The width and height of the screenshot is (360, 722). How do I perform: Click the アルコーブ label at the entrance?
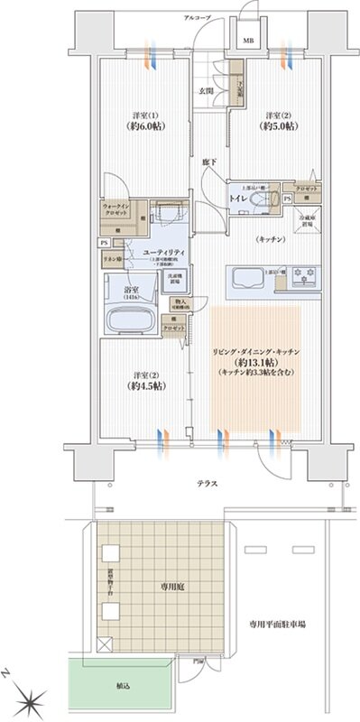(197, 18)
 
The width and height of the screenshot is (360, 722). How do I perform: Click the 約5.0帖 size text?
(275, 126)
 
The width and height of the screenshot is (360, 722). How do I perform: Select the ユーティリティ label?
(163, 250)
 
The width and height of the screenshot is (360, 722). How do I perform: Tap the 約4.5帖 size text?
(143, 385)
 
